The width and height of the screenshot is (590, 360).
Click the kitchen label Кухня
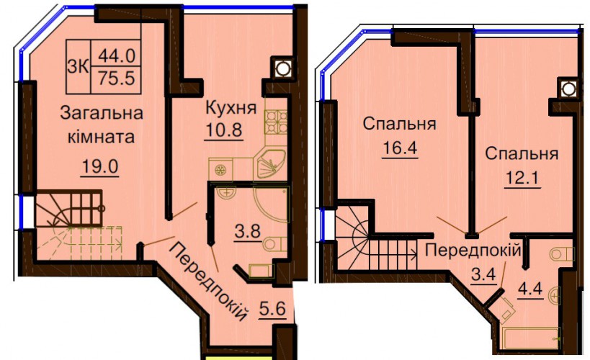(x=231, y=109)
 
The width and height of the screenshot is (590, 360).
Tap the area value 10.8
(x=223, y=130)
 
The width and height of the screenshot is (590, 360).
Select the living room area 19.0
(x=100, y=166)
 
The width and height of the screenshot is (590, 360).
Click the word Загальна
(x=102, y=113)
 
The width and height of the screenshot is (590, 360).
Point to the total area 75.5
(x=116, y=78)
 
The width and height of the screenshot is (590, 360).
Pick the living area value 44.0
(x=116, y=56)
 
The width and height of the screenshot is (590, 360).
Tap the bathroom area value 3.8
(x=248, y=231)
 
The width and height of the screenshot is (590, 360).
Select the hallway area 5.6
(x=272, y=309)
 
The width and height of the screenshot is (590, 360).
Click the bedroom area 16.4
(x=400, y=148)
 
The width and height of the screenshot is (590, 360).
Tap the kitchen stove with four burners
(x=276, y=122)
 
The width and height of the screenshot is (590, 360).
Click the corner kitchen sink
(x=270, y=164)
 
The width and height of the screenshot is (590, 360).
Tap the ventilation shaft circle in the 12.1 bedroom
(x=568, y=89)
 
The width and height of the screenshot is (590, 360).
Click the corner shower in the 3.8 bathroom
(x=272, y=204)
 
